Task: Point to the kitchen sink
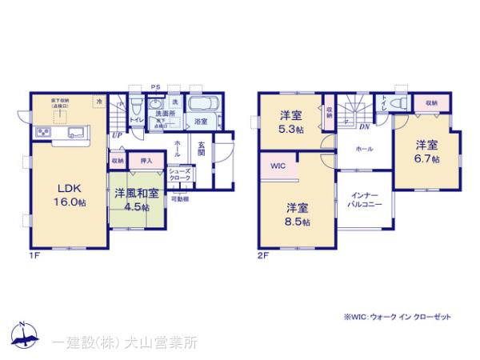77,131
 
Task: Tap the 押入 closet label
146,161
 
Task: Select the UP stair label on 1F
117,135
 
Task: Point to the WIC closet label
278,166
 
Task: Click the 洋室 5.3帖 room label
290,118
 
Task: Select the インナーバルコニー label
364,199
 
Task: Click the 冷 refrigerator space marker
99,102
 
